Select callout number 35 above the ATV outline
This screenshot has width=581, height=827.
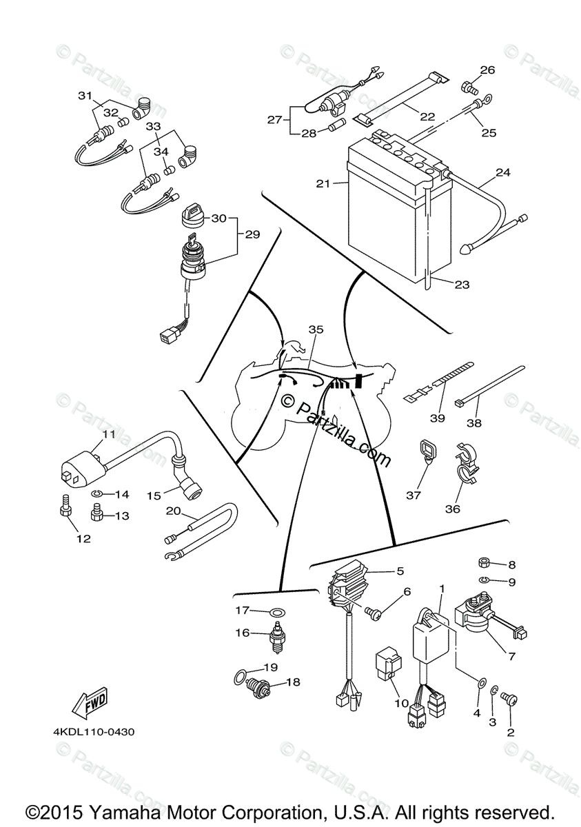tap(316, 330)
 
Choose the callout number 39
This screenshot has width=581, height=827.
tap(437, 418)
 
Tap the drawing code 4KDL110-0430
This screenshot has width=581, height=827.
tap(94, 732)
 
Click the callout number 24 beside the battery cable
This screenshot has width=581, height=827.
tap(502, 173)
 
